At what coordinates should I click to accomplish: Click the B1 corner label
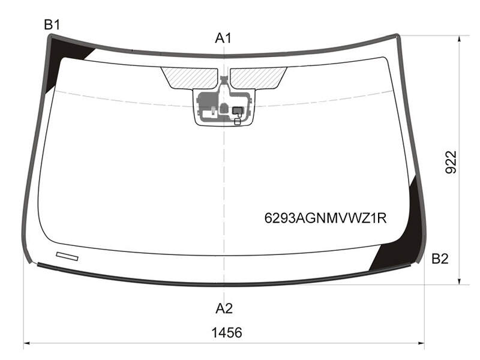pyautogui.click(x=52, y=25)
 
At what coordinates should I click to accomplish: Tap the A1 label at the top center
pyautogui.click(x=223, y=38)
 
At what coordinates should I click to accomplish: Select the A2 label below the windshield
pyautogui.click(x=224, y=308)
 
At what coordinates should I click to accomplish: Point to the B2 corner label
pyautogui.click(x=440, y=259)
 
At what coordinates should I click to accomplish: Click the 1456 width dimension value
pyautogui.click(x=227, y=332)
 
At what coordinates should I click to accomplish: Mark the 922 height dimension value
pyautogui.click(x=451, y=162)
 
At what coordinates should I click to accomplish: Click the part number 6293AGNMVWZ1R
pyautogui.click(x=325, y=218)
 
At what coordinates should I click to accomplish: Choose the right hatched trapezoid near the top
pyautogui.click(x=258, y=77)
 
